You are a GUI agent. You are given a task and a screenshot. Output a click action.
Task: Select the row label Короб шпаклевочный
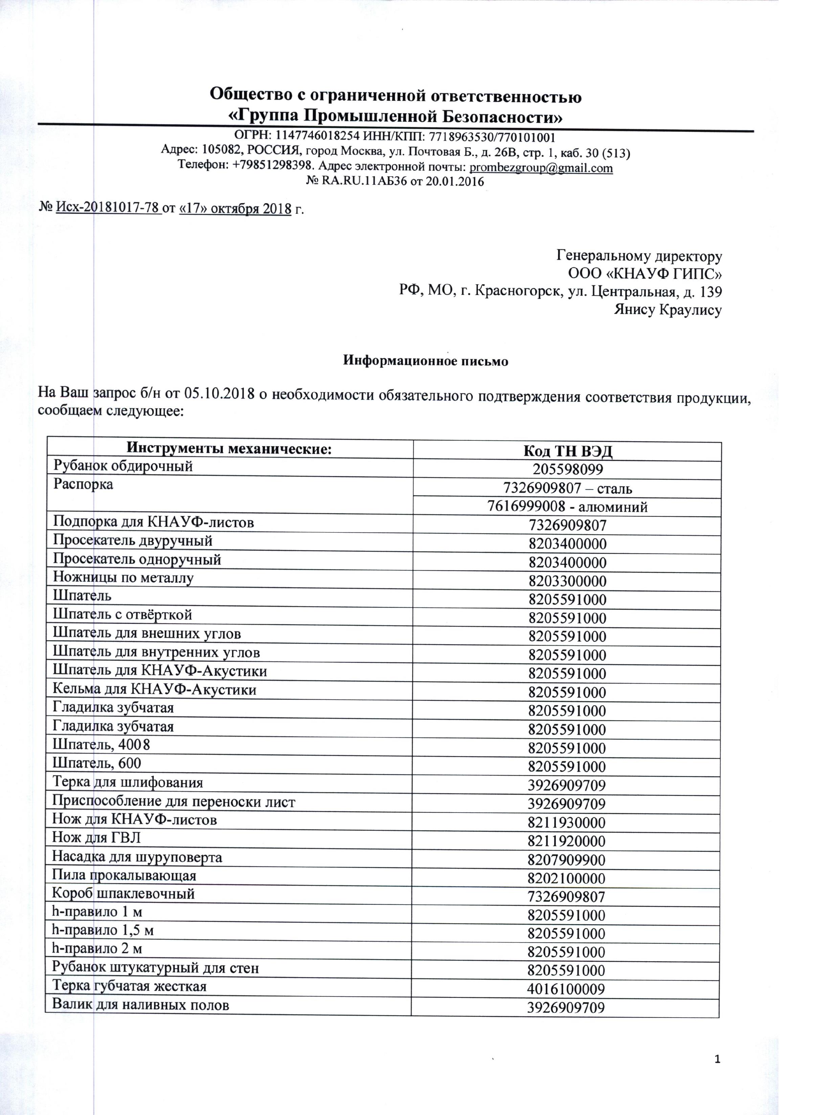pyautogui.click(x=123, y=893)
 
